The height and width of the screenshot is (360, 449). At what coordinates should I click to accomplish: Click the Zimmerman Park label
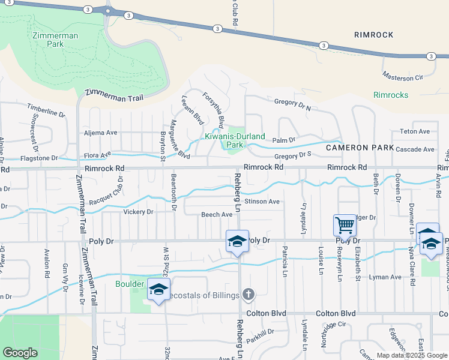point(55,40)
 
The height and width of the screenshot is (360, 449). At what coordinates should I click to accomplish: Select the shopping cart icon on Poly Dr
point(345,226)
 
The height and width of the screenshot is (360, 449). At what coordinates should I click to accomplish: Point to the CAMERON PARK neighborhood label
point(360,148)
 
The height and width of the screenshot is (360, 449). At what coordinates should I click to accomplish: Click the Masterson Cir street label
point(403,77)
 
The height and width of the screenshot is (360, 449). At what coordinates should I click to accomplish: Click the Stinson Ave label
point(262,202)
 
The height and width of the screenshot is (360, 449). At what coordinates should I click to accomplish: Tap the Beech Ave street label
point(217,214)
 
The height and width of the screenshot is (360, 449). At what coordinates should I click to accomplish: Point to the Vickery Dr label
point(138,212)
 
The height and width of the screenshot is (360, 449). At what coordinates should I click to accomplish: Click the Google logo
point(20,352)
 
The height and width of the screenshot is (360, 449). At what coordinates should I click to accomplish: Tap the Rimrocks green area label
point(391,95)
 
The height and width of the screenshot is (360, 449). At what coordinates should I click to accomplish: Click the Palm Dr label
point(284,140)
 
